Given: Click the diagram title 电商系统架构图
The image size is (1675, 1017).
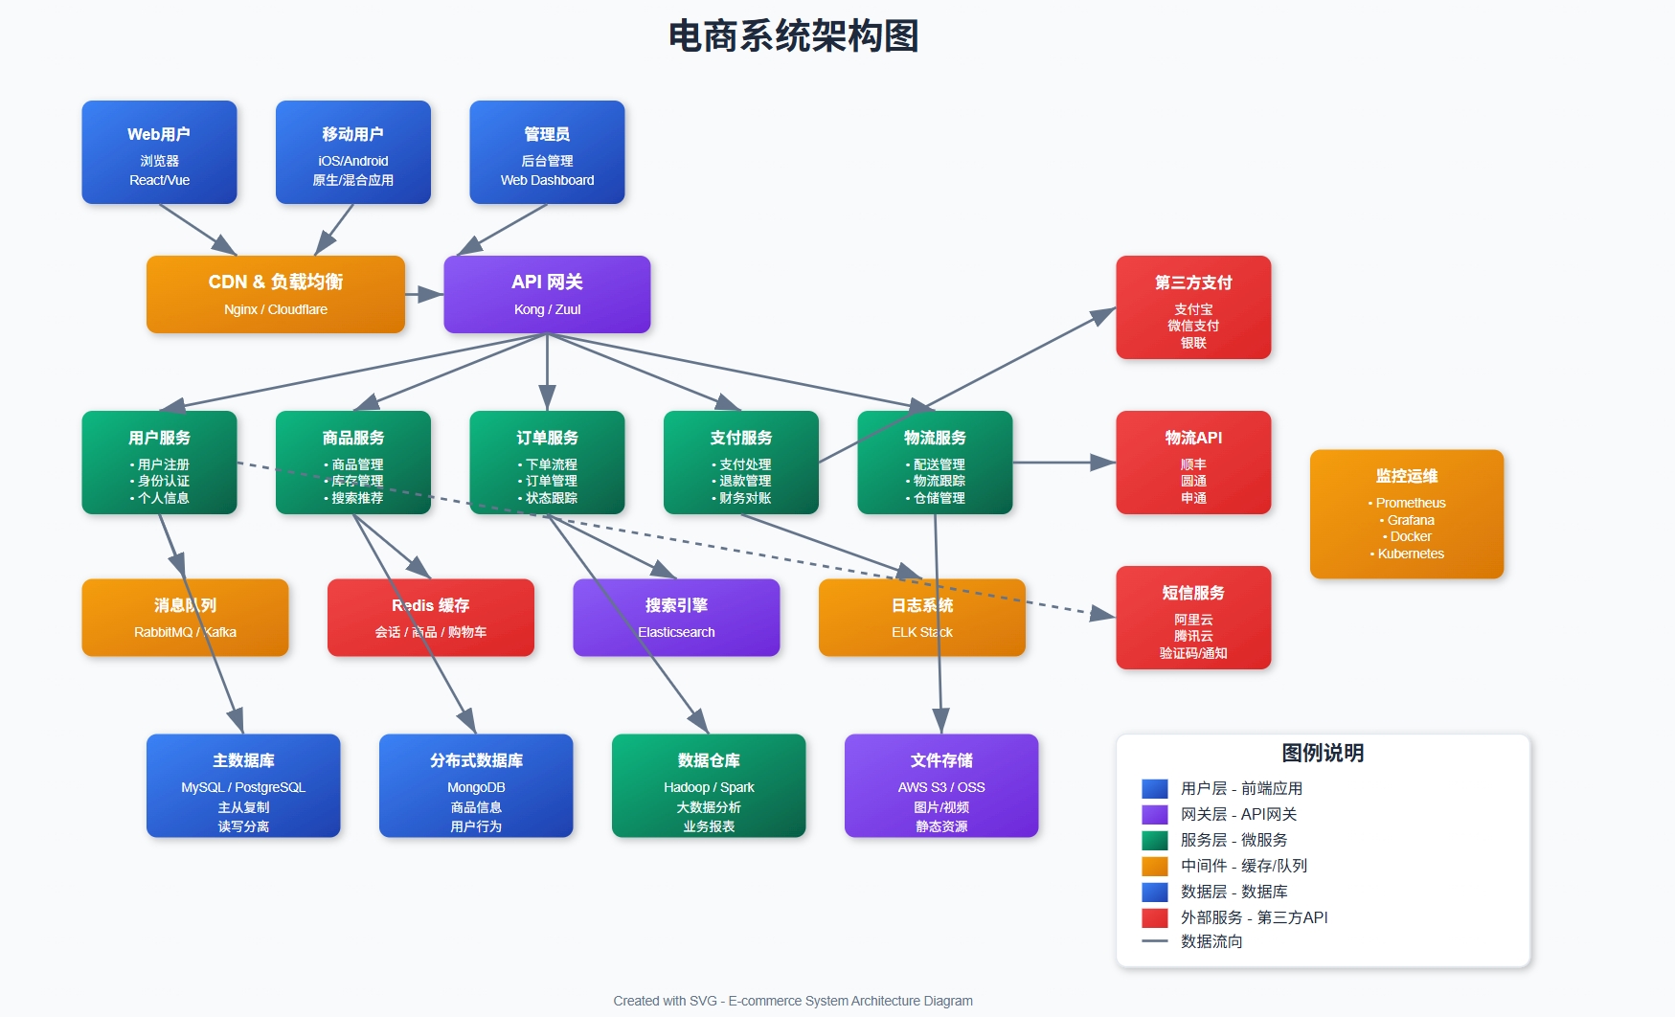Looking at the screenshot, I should click(793, 36).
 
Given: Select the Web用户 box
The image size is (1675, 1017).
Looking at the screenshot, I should click(159, 152).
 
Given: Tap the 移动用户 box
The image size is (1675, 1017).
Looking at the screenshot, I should click(352, 152).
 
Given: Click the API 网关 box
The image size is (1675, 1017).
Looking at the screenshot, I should click(547, 294).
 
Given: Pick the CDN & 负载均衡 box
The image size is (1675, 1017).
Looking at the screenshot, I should click(276, 294).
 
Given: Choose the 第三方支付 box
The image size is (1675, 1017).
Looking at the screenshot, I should click(1193, 307).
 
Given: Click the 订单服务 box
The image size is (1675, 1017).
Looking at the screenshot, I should click(547, 463).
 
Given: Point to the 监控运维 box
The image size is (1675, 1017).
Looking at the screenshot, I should click(1406, 514).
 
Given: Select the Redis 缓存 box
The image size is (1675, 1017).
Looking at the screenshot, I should click(430, 618).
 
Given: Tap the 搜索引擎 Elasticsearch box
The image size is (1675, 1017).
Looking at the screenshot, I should click(676, 618).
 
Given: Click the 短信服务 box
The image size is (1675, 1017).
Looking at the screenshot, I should click(1193, 618).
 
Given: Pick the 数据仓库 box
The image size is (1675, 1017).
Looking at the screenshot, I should click(709, 785).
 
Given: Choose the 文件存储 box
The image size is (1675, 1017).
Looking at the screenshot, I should click(941, 785).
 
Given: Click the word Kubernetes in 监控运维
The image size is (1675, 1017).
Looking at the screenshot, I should click(1411, 554).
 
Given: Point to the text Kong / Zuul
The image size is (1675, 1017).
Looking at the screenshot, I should click(547, 309).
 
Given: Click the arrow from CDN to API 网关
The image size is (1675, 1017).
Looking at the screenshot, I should click(424, 294).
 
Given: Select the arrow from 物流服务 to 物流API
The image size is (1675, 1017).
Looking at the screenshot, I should click(1064, 463).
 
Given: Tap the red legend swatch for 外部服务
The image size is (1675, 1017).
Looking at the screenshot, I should click(1154, 917).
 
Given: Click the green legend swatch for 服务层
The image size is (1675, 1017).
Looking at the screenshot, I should click(1154, 840).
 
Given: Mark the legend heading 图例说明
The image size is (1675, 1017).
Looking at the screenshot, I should click(1323, 753).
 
